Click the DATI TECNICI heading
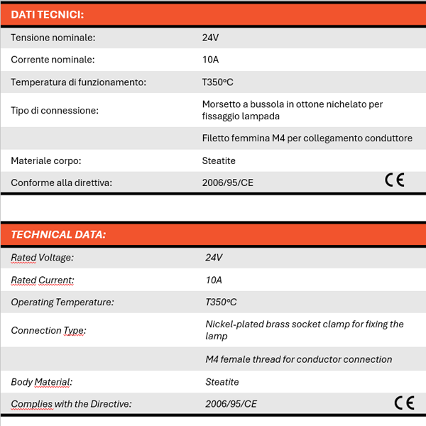tap(47, 14)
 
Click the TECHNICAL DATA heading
tap(58, 234)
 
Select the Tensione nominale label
tap(53, 38)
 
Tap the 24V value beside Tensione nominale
tap(211, 38)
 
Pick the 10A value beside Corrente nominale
tap(211, 60)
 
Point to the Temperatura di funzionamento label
tap(78, 82)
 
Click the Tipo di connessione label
tap(55, 110)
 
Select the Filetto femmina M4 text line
tap(307, 138)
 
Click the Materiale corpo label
tap(45, 160)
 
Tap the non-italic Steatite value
tap(219, 160)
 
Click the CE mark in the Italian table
tap(395, 180)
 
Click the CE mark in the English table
tap(404, 403)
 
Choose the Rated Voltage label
tap(42, 258)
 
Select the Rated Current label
tap(43, 280)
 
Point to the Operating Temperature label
tap(62, 302)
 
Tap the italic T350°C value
tap(222, 302)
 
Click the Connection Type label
tap(48, 330)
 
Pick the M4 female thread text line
tap(298, 359)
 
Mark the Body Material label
tap(41, 382)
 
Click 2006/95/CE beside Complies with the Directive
tap(231, 404)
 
